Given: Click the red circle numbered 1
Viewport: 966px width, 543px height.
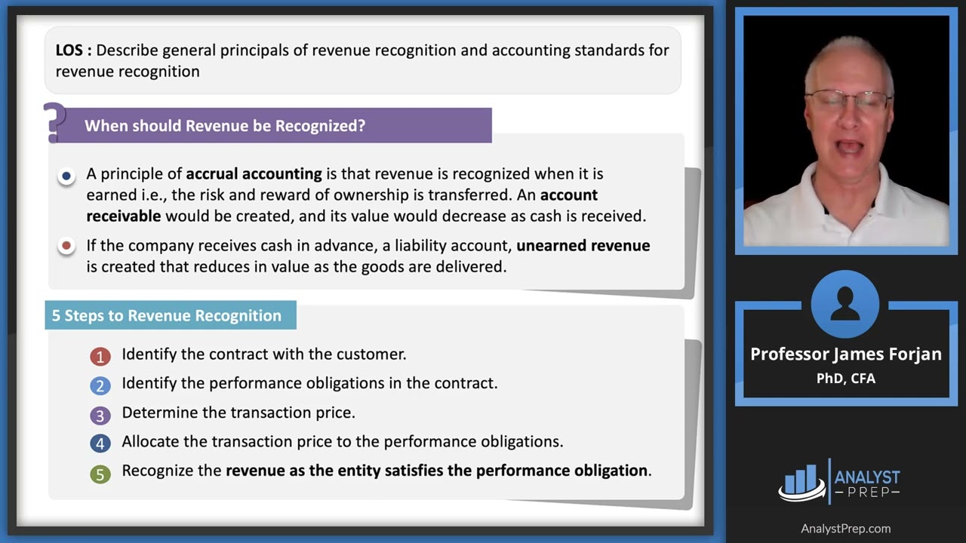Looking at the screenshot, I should click(x=100, y=356).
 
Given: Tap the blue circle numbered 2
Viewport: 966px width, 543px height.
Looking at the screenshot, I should click(x=100, y=385).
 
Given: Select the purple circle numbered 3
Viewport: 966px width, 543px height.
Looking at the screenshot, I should click(x=100, y=415).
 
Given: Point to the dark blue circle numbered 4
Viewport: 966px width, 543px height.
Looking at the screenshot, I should click(x=100, y=443).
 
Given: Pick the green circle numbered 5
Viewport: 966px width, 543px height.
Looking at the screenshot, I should click(x=100, y=473).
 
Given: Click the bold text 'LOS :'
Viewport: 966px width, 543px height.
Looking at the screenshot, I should click(x=73, y=51).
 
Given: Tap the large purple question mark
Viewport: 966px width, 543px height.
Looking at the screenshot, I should click(x=54, y=122).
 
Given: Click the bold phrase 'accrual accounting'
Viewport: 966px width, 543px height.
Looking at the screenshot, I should click(x=254, y=174).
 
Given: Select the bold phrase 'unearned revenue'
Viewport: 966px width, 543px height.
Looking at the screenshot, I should click(x=583, y=246).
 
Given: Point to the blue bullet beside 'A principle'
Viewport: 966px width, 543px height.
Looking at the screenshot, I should click(x=66, y=176).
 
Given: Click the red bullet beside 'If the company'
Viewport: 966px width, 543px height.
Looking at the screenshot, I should click(x=66, y=246).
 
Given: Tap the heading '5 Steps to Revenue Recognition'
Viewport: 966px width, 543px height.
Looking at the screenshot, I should click(x=167, y=315).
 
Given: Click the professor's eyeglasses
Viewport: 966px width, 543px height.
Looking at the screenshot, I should click(x=848, y=100).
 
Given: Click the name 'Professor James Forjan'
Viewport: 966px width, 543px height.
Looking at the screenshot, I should click(x=845, y=354).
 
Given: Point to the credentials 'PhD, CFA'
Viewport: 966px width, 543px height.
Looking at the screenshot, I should click(x=845, y=379).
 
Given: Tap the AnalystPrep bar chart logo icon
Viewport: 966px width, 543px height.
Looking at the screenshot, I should click(x=801, y=481).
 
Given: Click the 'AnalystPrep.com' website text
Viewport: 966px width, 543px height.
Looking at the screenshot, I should click(x=845, y=529).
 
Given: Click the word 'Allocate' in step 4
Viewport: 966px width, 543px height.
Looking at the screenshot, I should click(x=149, y=441).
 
